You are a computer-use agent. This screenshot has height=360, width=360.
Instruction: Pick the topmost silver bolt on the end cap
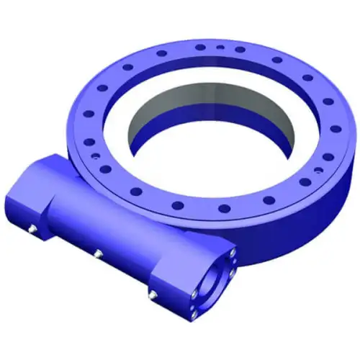pos(232,253)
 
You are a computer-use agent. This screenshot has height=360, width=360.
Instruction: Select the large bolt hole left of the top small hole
pos(199,47)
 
